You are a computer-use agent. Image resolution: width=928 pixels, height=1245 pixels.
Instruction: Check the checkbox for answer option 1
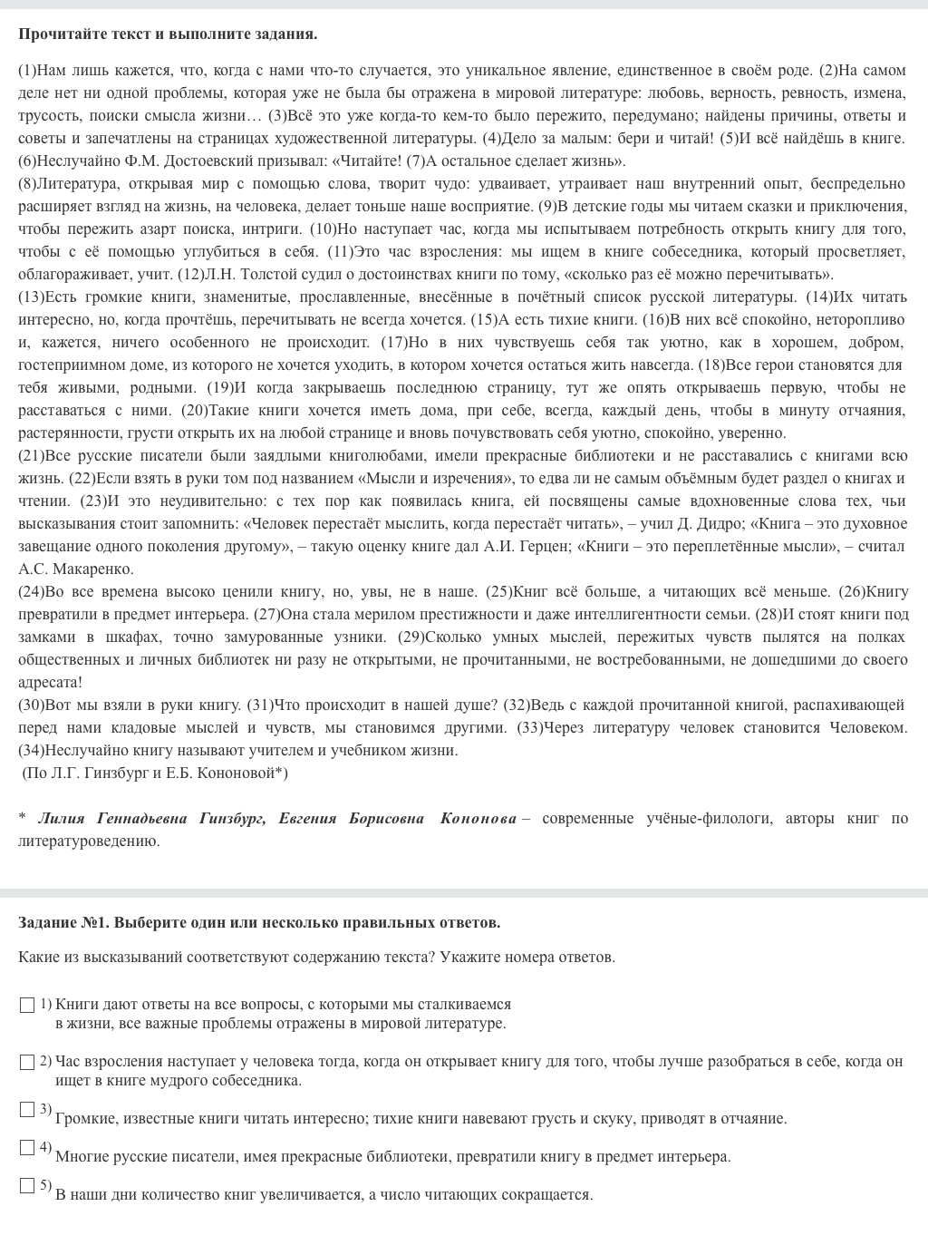pos(27,1005)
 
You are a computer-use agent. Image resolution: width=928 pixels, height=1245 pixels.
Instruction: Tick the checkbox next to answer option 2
pos(27,1062)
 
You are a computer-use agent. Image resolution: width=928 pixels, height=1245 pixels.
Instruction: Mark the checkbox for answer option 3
pos(27,1110)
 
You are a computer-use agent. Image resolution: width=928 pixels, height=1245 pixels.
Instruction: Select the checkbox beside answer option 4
pos(27,1148)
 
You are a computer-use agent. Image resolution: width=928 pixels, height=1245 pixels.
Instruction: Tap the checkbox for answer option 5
pos(27,1186)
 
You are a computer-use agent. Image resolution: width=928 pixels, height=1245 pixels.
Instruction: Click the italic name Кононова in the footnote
pos(478,819)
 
